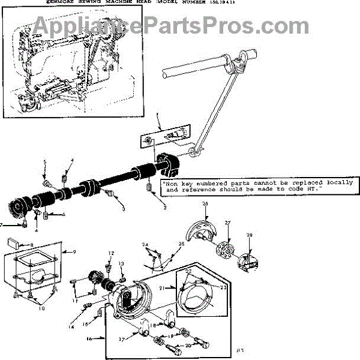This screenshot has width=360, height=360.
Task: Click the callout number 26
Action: point(205,204)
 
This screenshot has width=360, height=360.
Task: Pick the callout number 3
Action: point(122,209)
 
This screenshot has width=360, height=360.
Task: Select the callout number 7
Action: point(2,225)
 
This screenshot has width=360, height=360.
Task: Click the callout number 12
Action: point(110,253)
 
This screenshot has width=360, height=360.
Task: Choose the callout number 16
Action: point(89,338)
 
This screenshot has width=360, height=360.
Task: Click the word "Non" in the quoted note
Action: point(171,182)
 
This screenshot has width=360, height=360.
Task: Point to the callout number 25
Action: point(181,244)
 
